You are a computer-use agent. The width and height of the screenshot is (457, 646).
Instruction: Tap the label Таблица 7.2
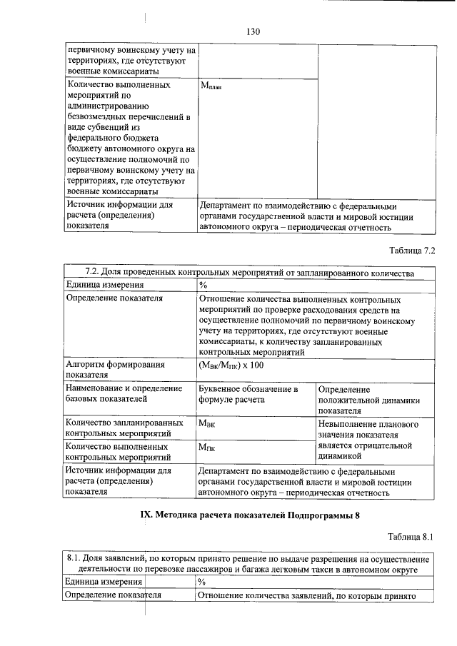(411, 251)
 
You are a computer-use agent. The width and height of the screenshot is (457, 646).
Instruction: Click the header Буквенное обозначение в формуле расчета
(247, 395)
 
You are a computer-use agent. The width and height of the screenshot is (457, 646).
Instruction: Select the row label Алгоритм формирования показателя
(115, 369)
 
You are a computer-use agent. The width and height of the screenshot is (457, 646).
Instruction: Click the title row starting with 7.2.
(249, 272)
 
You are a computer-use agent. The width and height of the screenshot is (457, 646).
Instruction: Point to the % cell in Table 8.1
(201, 582)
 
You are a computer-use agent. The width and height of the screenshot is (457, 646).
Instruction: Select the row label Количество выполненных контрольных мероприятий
(117, 451)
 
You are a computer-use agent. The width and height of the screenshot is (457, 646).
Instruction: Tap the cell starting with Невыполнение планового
(368, 440)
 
